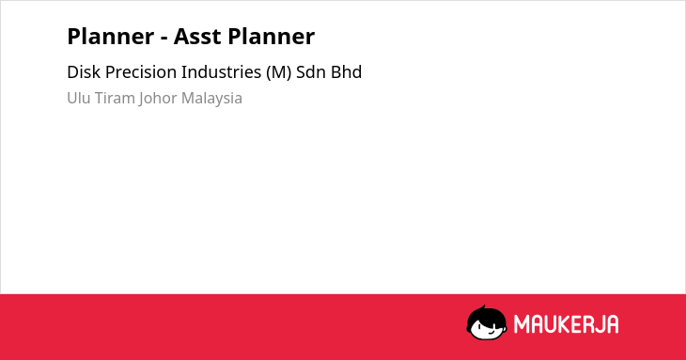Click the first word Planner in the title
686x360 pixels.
111,37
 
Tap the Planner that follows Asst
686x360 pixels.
272,37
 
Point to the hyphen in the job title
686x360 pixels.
164,39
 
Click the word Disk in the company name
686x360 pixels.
84,72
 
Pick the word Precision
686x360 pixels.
141,72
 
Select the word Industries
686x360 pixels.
222,72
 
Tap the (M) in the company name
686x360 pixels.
279,72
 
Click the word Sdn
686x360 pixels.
311,72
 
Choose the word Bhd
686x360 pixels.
346,72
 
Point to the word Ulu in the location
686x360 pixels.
79,98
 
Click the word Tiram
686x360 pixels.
115,98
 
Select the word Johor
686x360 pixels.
158,99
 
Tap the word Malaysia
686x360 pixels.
211,99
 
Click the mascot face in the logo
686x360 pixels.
487,323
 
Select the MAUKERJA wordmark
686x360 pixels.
566,324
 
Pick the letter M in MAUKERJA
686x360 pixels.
522,324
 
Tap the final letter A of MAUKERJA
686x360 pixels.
612,324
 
